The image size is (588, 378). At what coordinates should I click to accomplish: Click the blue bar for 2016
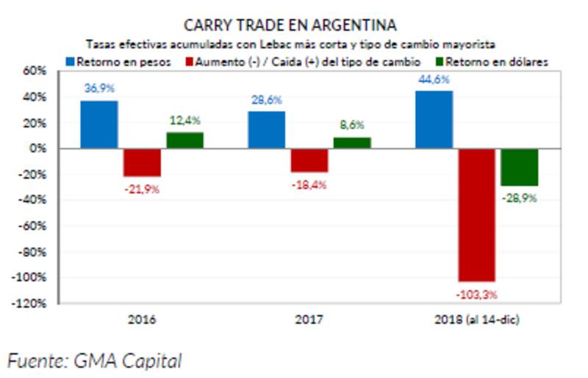[98, 125]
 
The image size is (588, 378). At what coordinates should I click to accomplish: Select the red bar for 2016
[142, 162]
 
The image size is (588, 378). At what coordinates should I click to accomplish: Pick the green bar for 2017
[352, 143]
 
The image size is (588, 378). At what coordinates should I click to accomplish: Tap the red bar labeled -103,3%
[477, 214]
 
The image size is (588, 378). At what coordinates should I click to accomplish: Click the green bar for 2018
[520, 167]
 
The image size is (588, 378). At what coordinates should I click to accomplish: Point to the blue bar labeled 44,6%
[434, 120]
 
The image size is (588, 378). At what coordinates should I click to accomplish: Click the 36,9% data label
[99, 88]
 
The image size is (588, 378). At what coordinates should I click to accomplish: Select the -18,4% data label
[309, 185]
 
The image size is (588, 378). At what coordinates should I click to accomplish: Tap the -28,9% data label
[520, 198]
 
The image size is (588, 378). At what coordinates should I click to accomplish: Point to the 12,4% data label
[184, 120]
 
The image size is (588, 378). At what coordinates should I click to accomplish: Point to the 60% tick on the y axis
[35, 71]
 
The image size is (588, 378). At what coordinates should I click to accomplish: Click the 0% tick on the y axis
[38, 148]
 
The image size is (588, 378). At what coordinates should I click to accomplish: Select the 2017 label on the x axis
[309, 320]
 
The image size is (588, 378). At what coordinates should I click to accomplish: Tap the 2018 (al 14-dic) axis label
[477, 320]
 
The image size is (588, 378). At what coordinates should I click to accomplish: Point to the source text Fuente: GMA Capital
[94, 360]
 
